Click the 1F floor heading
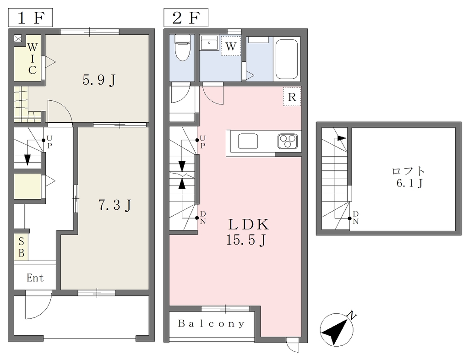[30, 18]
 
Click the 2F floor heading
[186, 18]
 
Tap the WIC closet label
[33, 58]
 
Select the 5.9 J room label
[99, 80]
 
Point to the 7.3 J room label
[115, 205]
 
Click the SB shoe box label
[21, 247]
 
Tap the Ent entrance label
[35, 278]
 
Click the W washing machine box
[231, 45]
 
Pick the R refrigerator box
[292, 97]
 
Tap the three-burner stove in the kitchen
[288, 141]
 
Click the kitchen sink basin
[248, 141]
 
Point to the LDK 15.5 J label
[247, 232]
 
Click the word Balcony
[212, 323]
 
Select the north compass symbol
[337, 329]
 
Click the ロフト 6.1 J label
[409, 177]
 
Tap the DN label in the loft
[355, 218]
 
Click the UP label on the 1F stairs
[49, 142]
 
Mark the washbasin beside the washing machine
[210, 44]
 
